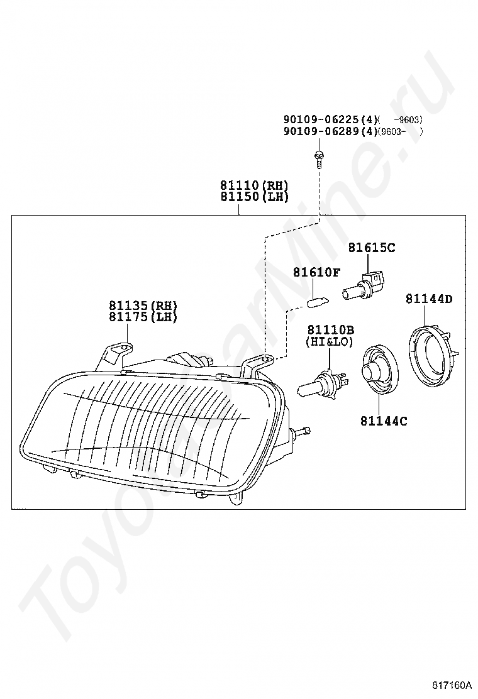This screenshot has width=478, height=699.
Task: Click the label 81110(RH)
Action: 254,185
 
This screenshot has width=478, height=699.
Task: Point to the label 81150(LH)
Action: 254,197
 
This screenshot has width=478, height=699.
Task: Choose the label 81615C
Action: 371,248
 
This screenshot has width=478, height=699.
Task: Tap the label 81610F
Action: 316,272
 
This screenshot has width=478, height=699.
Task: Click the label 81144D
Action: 428,299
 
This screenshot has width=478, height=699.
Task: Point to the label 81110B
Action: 330,330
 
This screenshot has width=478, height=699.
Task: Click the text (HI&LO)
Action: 330,341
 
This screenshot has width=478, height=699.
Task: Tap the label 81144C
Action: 383,421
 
